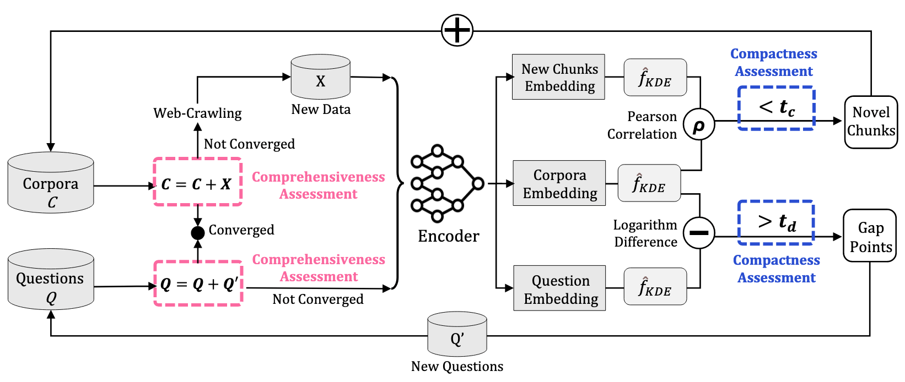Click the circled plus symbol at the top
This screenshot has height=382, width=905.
[x=457, y=30]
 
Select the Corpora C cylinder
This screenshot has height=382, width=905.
[x=51, y=183]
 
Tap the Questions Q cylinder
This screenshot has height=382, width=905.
[x=51, y=280]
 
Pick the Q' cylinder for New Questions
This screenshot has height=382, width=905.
[x=457, y=335]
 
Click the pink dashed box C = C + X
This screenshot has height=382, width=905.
[x=197, y=182]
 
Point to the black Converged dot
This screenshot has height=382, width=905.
[x=197, y=233]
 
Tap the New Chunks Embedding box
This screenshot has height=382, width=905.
[x=558, y=77]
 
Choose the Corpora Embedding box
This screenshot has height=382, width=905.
[x=559, y=183]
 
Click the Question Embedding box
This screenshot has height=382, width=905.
[x=559, y=288]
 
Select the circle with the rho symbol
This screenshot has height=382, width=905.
[x=699, y=125]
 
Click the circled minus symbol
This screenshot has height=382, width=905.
[x=699, y=232]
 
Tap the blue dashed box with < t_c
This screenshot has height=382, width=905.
[x=776, y=108]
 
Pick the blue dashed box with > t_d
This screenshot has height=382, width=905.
[x=776, y=222]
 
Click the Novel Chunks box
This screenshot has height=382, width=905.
[x=871, y=122]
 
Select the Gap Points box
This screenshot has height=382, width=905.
[x=870, y=236]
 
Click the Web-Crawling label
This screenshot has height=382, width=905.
[x=197, y=113]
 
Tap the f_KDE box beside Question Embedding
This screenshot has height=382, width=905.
[x=655, y=287]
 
